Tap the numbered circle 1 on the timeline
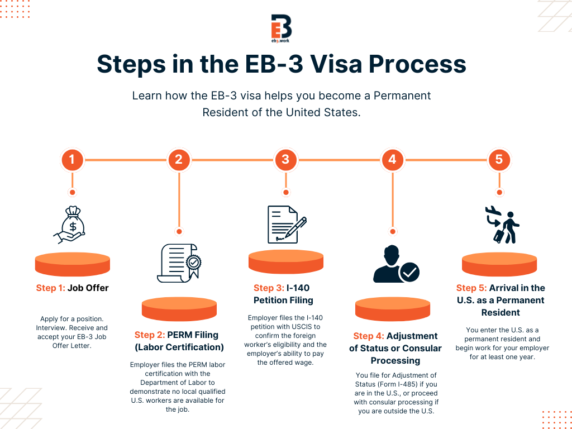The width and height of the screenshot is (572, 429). (x=71, y=160)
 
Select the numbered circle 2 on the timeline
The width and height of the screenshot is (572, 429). (x=179, y=160)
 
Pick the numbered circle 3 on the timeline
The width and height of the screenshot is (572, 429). (x=285, y=160)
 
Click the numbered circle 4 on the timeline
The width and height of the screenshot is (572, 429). (x=392, y=160)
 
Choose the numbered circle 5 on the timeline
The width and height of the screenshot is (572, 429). (x=499, y=160)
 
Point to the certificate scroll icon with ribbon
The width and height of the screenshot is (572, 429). (x=179, y=262)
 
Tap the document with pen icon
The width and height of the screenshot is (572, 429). (x=286, y=224)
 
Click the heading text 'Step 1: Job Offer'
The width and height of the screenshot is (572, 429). (x=72, y=288)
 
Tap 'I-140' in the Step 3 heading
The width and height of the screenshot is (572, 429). (x=298, y=288)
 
